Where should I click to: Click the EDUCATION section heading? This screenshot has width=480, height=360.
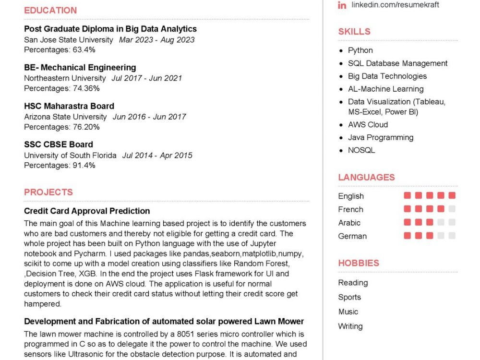pos(50,10)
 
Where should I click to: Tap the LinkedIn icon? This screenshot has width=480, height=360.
pos(342,5)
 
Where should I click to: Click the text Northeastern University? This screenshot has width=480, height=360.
pos(65,78)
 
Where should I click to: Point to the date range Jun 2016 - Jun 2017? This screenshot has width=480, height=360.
pos(149,117)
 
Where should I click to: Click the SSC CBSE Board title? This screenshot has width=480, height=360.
pos(59,144)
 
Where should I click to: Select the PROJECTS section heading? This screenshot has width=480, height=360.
pos(48,192)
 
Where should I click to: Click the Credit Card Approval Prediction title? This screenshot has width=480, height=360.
pos(87,211)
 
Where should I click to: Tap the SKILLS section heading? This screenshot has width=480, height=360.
pos(354,32)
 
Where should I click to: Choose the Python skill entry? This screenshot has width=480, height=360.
pos(360,50)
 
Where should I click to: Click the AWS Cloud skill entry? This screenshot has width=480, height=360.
pos(368,125)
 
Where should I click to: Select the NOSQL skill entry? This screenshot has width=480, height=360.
pos(362,150)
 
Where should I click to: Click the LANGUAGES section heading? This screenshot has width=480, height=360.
pos(366,177)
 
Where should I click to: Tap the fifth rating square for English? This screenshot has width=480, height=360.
pos(452,196)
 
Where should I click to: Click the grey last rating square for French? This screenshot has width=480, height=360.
pos(452,209)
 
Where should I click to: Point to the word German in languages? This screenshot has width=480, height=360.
pos(352,236)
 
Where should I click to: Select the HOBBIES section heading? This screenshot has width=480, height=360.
pos(359,263)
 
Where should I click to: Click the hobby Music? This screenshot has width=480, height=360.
pos(348,312)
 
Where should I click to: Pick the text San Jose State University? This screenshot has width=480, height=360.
pos(69,40)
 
